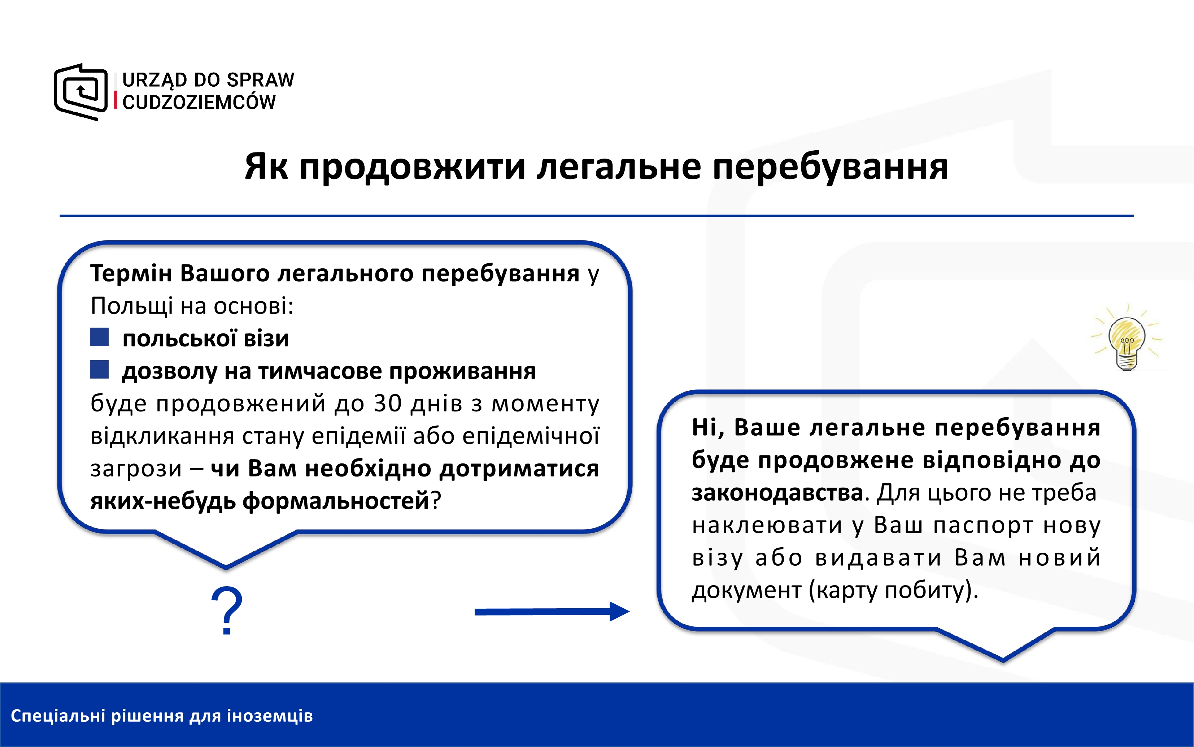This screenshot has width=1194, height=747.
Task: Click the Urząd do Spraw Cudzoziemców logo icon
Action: tap(80, 92)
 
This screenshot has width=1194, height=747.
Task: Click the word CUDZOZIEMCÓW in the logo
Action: tap(199, 102)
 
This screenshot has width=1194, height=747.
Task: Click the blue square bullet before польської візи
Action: tap(99, 337)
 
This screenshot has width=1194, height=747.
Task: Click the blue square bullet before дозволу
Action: tap(99, 370)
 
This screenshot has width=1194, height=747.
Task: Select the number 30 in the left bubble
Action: tap(387, 403)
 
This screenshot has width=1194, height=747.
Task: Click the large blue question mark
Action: tap(227, 611)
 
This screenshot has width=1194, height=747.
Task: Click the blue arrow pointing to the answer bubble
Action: tap(552, 612)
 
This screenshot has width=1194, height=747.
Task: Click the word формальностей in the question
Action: tap(336, 501)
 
